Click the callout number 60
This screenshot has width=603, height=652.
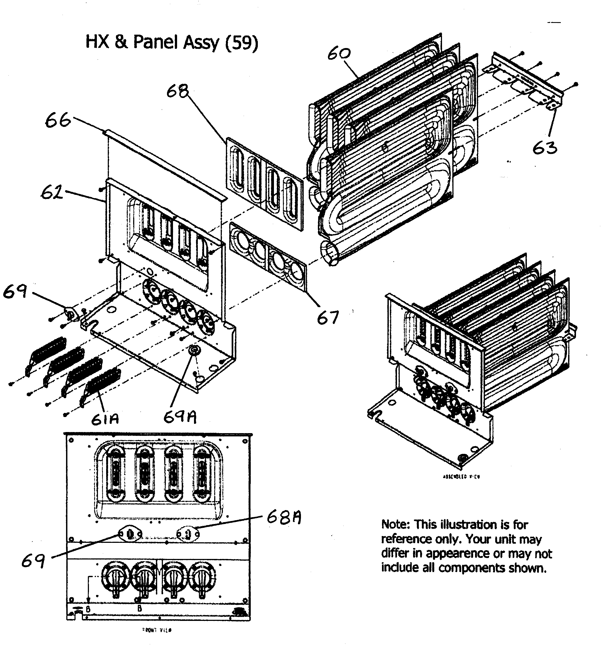coord(339,53)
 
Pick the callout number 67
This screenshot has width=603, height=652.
coord(328,317)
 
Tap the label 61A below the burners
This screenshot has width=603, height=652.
coord(105,419)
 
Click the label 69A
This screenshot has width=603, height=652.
coord(180,417)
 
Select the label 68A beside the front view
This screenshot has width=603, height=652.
coord(283,517)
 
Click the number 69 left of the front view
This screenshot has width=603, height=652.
coord(33,561)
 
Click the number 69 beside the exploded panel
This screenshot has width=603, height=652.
coord(15,291)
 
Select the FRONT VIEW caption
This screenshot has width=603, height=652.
coord(157,630)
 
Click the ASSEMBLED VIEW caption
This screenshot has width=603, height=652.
coord(461,477)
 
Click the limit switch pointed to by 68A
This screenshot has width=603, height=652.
coord(188,534)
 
